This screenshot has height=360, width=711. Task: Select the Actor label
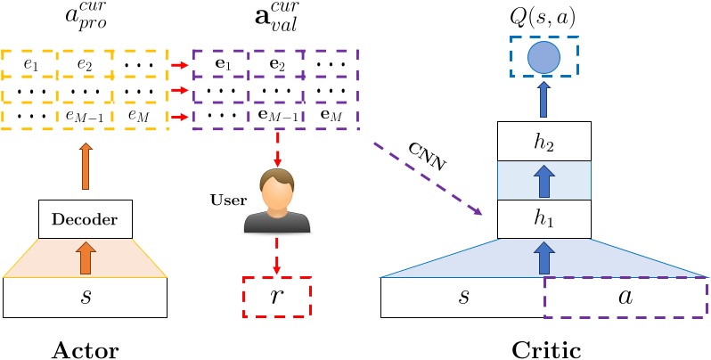click(86, 349)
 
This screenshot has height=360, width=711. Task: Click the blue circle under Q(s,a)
click(543, 60)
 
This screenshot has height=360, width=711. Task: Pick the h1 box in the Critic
click(543, 219)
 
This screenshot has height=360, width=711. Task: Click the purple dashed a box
click(625, 298)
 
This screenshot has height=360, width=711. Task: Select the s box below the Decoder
click(86, 298)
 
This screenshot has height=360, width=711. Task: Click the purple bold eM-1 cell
click(275, 116)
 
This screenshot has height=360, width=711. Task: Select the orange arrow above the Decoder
click(86, 160)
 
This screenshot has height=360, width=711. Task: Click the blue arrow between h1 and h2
click(543, 183)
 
